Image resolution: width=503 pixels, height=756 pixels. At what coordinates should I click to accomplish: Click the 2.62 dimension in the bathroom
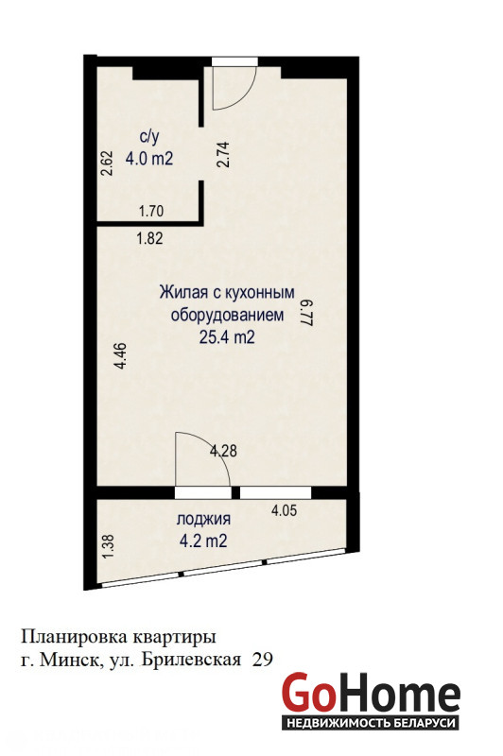tap(108, 163)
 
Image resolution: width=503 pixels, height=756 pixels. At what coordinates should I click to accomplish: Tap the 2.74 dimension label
tap(223, 154)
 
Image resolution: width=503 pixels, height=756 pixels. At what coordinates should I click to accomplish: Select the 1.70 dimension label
tap(151, 211)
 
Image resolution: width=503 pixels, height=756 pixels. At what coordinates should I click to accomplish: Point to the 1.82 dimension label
tap(150, 239)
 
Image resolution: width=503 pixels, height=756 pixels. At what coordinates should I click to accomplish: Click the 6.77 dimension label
tap(307, 315)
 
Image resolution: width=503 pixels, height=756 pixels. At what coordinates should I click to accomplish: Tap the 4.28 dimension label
tap(223, 452)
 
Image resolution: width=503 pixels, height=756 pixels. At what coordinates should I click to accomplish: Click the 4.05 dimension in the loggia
tap(284, 510)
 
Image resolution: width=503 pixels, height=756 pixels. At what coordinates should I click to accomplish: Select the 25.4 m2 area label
tap(227, 337)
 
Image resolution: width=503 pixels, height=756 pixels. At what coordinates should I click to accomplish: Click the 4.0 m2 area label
tap(149, 159)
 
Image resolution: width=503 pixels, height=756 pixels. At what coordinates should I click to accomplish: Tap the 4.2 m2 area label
tap(203, 541)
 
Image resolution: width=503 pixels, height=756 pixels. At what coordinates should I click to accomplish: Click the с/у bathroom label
tap(149, 137)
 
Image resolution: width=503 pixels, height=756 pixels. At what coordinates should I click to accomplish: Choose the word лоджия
tap(203, 520)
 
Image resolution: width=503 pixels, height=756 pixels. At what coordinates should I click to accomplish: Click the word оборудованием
tap(228, 316)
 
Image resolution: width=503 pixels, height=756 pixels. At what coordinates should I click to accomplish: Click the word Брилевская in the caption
tap(191, 659)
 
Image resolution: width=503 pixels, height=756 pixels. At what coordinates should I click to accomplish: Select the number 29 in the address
tap(263, 659)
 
